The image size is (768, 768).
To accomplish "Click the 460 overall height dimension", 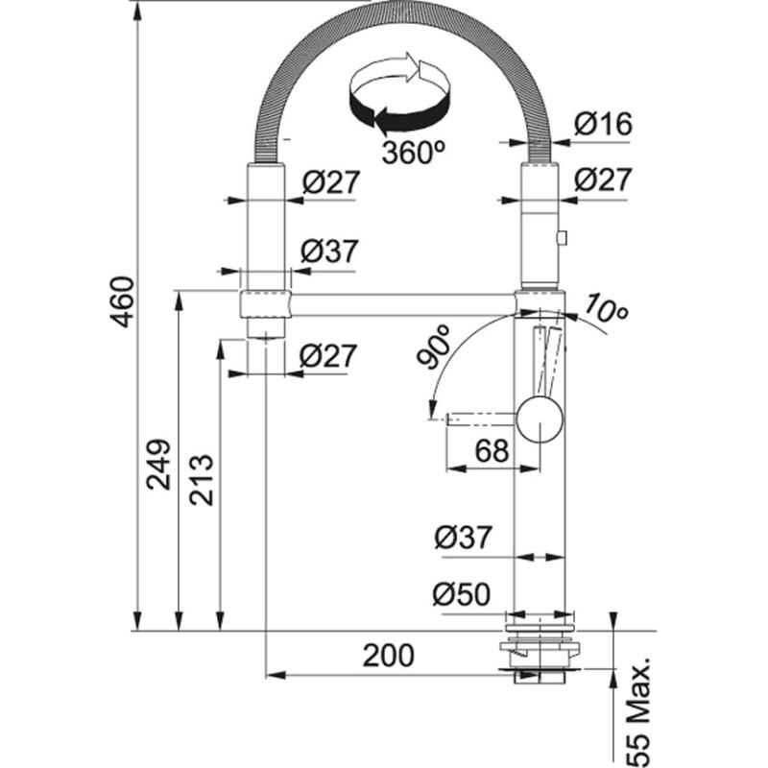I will pyautogui.click(x=122, y=301).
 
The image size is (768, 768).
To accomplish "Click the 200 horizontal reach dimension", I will pyautogui.click(x=389, y=656).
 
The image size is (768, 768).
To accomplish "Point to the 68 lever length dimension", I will pyautogui.click(x=492, y=449).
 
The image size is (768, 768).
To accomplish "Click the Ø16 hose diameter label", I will pyautogui.click(x=602, y=123).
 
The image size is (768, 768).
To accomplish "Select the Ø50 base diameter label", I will pyautogui.click(x=462, y=595).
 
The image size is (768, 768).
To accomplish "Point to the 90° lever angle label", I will pyautogui.click(x=434, y=348).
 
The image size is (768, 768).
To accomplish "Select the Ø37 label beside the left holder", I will pyautogui.click(x=328, y=252).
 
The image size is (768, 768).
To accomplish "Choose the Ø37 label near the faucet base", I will pyautogui.click(x=462, y=539).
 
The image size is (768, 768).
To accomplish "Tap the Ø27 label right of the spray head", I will pyautogui.click(x=602, y=179).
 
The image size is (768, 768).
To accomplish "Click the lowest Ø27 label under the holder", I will pyautogui.click(x=328, y=356).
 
